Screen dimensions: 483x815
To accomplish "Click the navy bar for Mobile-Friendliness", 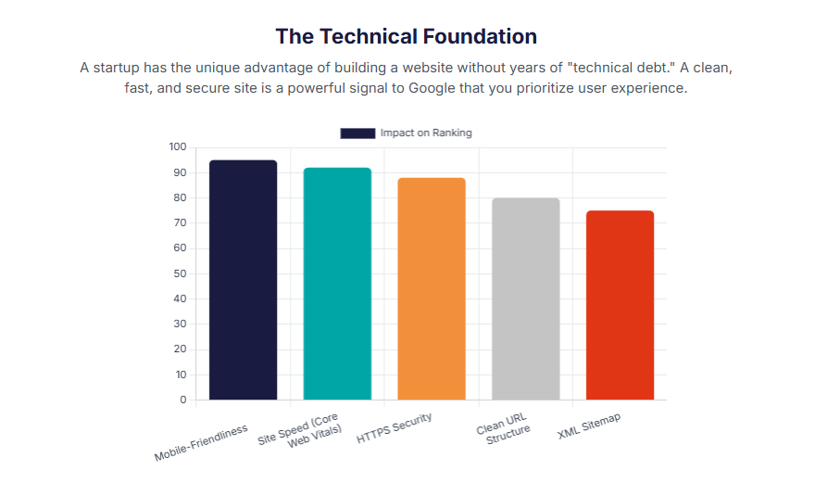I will [243, 280].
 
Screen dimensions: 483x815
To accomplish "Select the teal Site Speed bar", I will [337, 284].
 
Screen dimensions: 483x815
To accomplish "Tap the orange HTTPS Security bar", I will [432, 288].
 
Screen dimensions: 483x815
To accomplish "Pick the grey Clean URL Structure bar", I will [525, 299].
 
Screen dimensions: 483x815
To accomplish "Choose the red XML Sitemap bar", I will [620, 305].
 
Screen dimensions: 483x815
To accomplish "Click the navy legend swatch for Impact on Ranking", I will [357, 133].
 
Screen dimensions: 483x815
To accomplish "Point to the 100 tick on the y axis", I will [178, 147].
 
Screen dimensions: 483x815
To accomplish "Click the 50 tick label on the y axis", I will [180, 274].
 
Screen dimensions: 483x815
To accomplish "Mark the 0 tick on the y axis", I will [182, 400].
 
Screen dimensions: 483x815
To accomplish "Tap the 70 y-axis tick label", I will [180, 223].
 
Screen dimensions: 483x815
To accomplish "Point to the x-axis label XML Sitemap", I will [589, 427].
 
